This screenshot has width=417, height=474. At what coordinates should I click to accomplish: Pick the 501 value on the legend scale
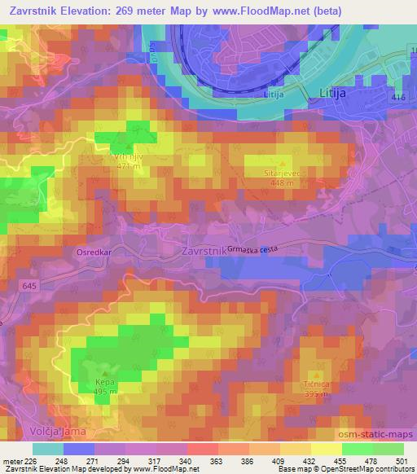click(x=403, y=460)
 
